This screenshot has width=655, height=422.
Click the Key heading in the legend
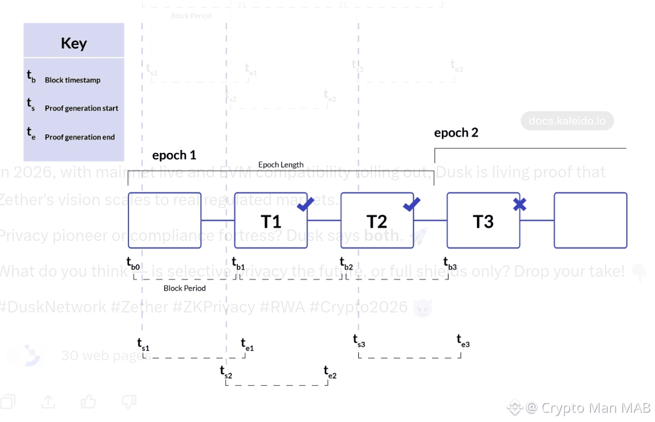click(x=74, y=43)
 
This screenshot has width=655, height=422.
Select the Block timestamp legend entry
click(x=72, y=80)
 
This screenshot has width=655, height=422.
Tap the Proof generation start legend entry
click(x=81, y=108)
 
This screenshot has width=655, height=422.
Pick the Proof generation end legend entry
click(x=79, y=137)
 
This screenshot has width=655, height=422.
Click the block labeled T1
click(x=271, y=221)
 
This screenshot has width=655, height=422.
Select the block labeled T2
click(x=377, y=221)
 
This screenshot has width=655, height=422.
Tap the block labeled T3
click(x=483, y=221)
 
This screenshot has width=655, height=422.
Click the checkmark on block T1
click(x=305, y=204)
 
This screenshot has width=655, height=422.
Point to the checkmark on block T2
click(x=411, y=204)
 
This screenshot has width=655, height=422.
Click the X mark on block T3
click(x=520, y=204)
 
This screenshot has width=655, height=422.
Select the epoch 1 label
click(x=174, y=155)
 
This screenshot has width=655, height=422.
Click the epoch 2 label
click(x=456, y=133)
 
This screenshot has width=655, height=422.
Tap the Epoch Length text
click(x=281, y=165)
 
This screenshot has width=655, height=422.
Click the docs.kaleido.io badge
click(x=567, y=121)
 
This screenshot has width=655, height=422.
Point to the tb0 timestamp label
click(x=133, y=263)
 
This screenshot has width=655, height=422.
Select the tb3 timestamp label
click(x=450, y=263)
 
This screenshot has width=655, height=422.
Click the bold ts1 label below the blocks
click(x=143, y=344)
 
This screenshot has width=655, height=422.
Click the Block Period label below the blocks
click(x=184, y=288)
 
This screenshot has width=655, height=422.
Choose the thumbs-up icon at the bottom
click(x=89, y=401)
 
